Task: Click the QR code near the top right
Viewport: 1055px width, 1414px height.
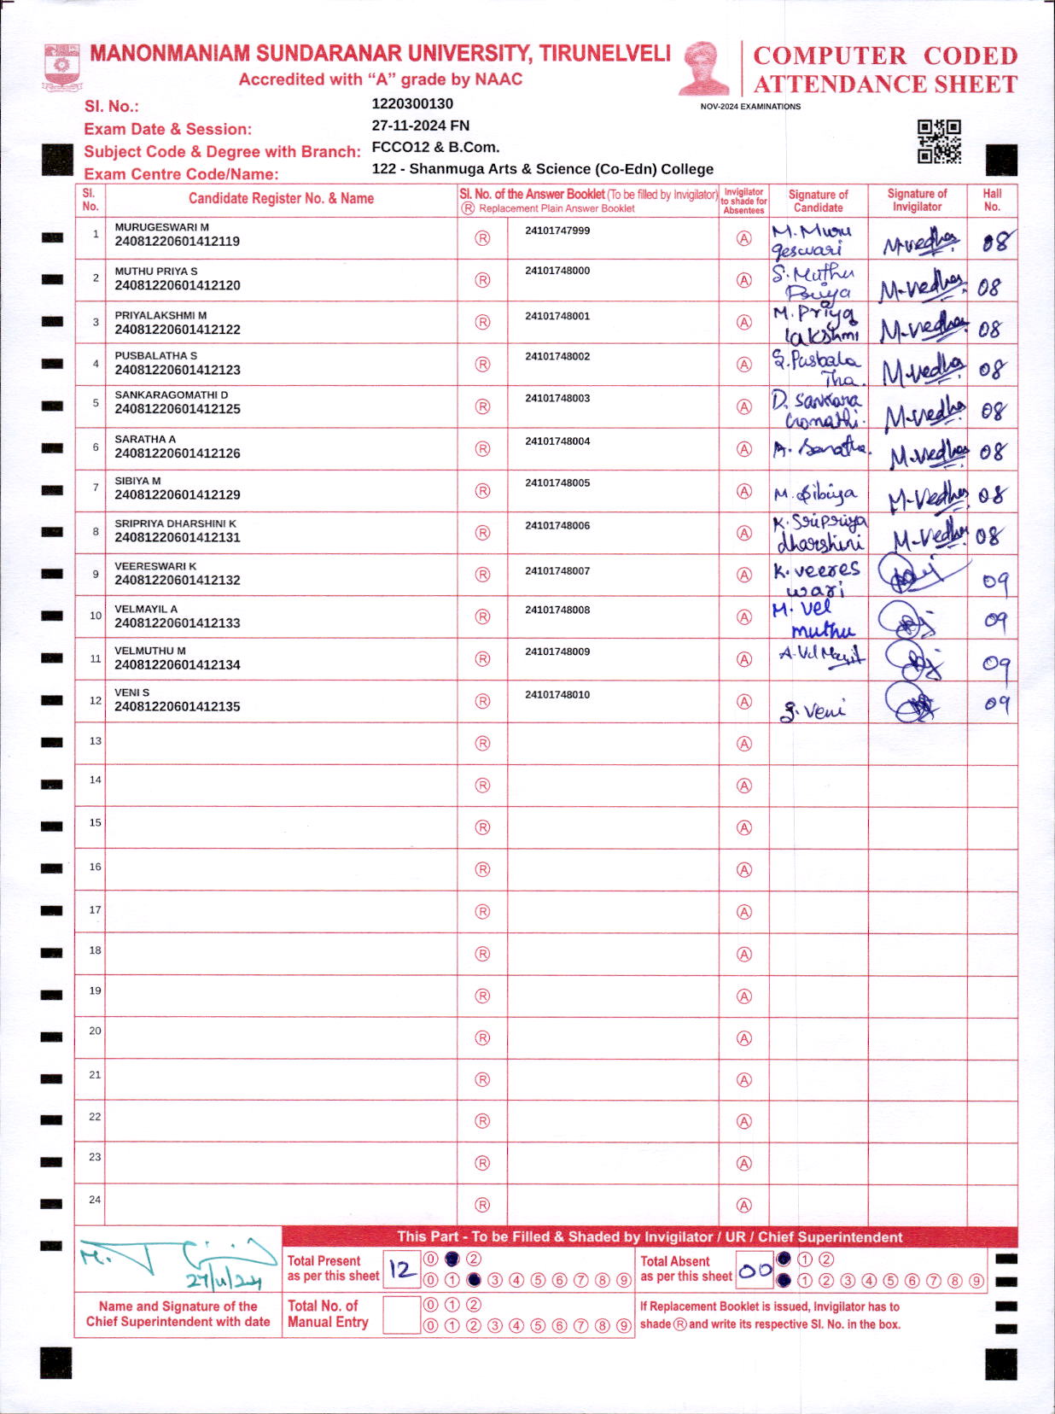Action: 939,141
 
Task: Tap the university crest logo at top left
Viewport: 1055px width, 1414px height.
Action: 61,67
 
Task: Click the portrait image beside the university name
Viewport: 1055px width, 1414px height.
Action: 704,68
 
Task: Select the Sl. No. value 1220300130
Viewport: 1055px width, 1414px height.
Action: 412,104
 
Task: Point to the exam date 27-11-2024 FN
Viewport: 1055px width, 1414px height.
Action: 420,126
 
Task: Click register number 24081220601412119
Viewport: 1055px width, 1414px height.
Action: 178,242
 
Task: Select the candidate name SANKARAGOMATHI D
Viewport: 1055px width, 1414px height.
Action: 172,395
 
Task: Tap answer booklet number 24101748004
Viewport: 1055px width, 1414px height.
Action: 557,441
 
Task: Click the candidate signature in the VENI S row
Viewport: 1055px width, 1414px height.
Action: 813,710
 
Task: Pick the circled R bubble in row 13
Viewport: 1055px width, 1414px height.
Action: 482,744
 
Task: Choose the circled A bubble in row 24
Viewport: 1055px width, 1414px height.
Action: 744,1206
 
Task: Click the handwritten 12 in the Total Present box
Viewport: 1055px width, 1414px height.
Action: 401,1269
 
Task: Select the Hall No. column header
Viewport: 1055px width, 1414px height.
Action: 992,200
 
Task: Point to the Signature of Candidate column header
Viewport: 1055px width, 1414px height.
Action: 818,201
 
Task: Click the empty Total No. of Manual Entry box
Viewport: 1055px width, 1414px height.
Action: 401,1315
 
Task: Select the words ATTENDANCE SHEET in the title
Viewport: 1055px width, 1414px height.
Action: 885,85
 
